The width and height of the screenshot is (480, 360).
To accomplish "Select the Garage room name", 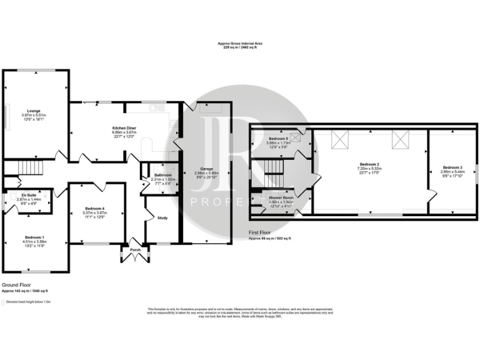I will [206, 169].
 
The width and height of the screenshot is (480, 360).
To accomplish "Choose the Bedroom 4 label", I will [95, 208].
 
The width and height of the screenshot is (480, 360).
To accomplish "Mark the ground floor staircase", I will [29, 168].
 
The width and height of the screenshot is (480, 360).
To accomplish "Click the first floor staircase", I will [272, 167].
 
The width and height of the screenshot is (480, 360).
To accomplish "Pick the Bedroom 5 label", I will [277, 138].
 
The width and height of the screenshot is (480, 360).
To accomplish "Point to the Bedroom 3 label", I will [452, 167].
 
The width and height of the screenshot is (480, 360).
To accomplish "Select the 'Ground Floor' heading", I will [16, 284].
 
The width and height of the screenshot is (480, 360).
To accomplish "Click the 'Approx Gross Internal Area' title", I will [240, 43].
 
